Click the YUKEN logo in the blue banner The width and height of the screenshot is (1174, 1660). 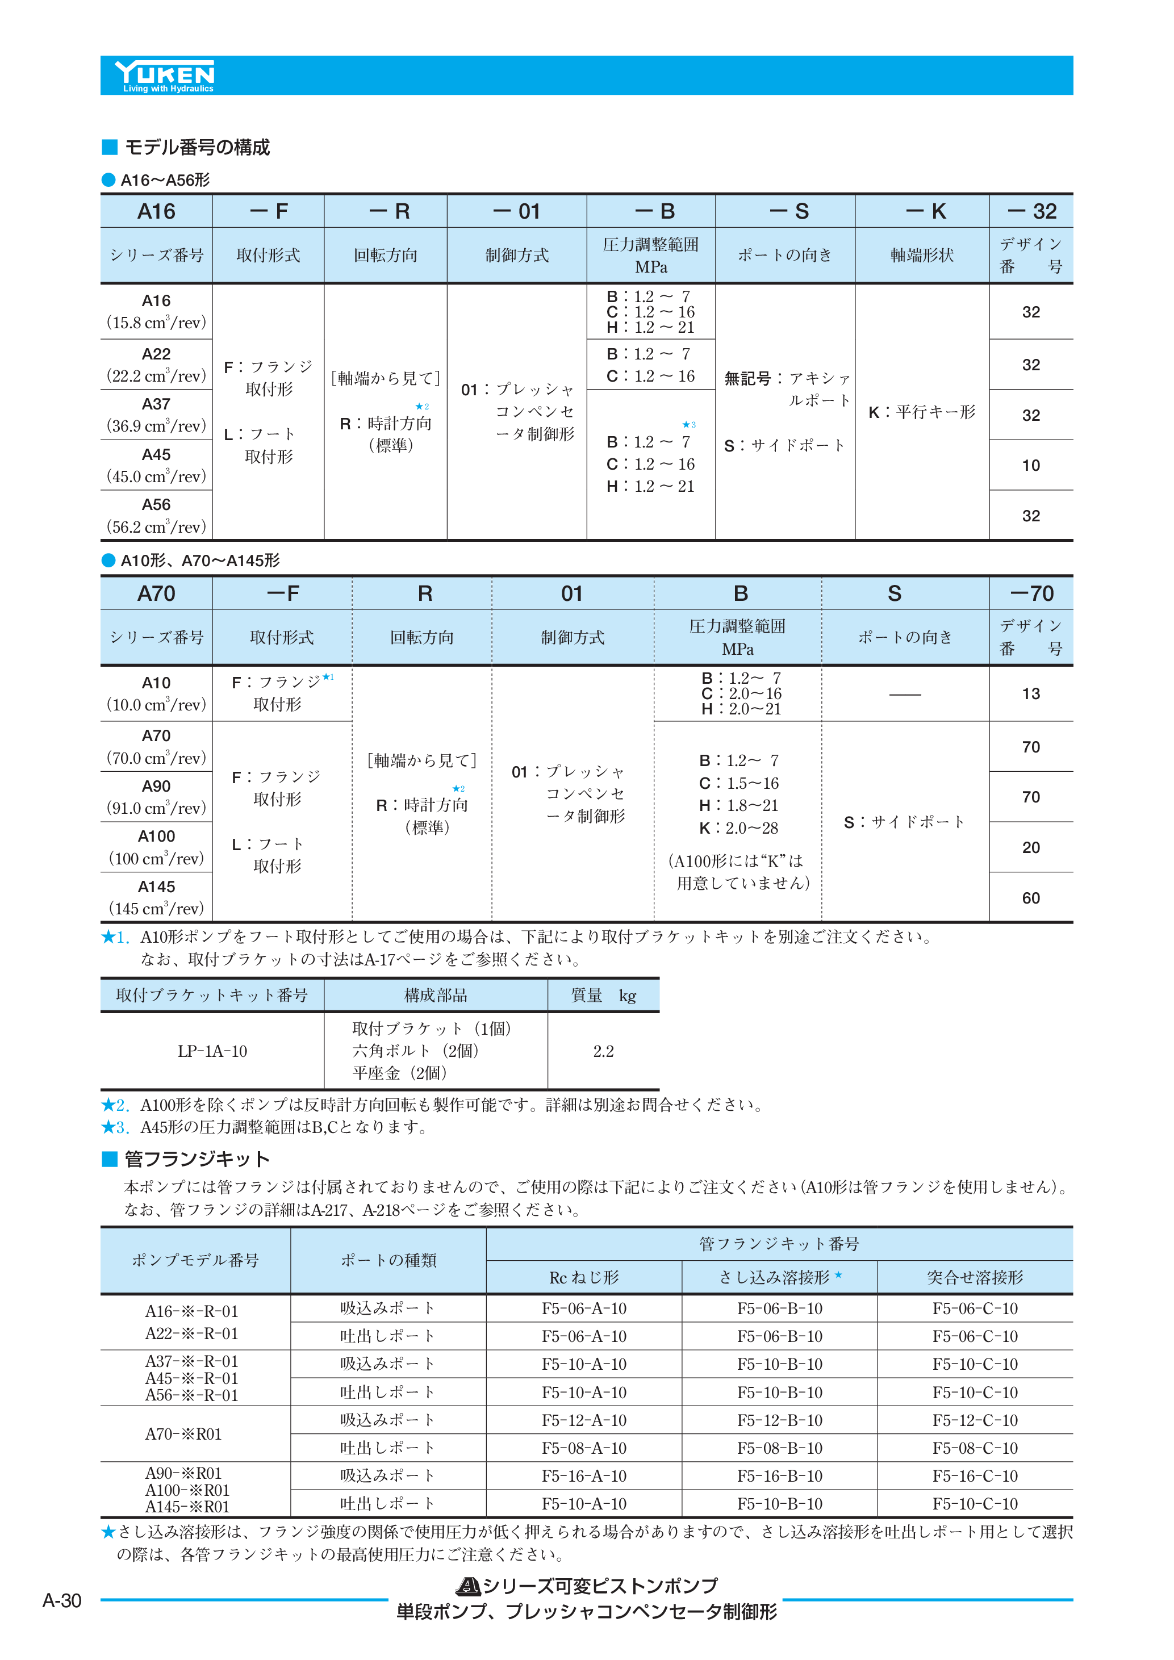(165, 75)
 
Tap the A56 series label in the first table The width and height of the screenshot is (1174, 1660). (156, 505)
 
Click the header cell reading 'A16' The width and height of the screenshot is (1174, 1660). (156, 211)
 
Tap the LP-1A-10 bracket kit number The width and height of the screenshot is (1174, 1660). (212, 1051)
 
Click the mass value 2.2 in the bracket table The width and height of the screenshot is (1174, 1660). (603, 1051)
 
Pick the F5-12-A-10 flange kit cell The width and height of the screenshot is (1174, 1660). (583, 1421)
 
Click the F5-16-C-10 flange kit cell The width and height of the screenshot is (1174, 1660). (975, 1477)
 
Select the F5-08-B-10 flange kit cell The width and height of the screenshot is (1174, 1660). (779, 1448)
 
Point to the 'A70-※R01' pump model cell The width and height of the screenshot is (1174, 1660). (183, 1435)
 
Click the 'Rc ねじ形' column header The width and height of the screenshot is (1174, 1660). (583, 1278)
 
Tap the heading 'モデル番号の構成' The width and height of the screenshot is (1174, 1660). (197, 148)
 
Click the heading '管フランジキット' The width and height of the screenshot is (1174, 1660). (197, 1159)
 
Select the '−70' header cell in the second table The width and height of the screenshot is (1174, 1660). (1031, 593)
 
